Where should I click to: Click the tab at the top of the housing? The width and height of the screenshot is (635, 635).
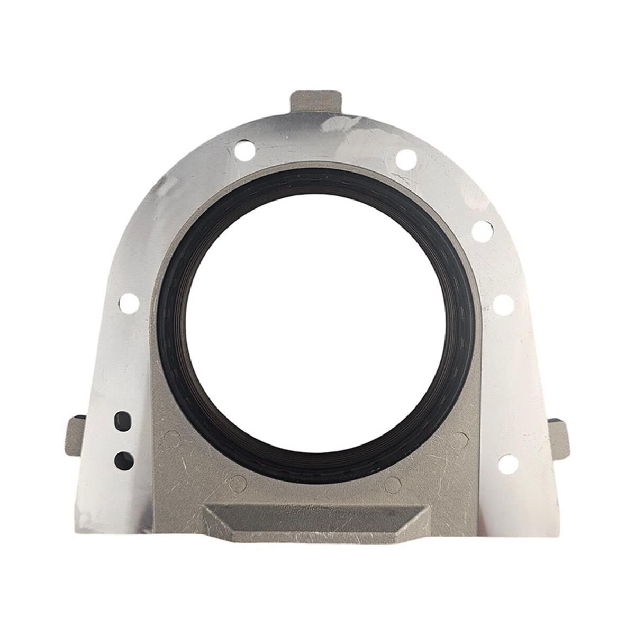[316, 102]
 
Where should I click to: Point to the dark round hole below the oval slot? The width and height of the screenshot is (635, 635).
[124, 459]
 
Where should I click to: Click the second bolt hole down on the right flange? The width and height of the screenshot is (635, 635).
[483, 230]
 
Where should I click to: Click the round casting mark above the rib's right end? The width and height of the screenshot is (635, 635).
[393, 483]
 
